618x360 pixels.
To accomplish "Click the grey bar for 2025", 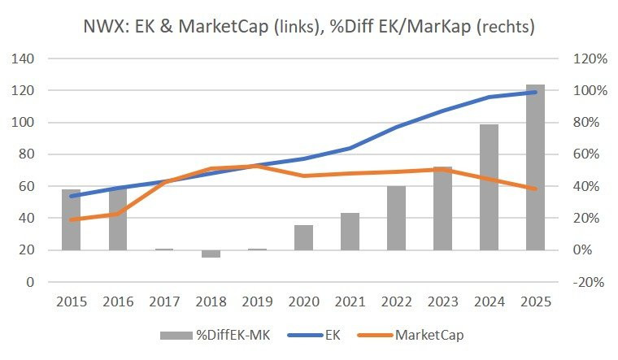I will pyautogui.click(x=535, y=167).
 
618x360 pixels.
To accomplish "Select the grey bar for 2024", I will pyautogui.click(x=489, y=187).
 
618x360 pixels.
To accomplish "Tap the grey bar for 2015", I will pyautogui.click(x=71, y=219).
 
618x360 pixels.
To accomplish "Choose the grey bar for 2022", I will pyautogui.click(x=396, y=218).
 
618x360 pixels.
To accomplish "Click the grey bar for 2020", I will pyautogui.click(x=303, y=237).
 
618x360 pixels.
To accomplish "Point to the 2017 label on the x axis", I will pyautogui.click(x=164, y=301).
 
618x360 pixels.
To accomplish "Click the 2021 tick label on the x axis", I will pyautogui.click(x=350, y=301).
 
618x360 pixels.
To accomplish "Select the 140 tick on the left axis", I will pyautogui.click(x=22, y=59).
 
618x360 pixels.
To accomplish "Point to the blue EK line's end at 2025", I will pyautogui.click(x=535, y=92).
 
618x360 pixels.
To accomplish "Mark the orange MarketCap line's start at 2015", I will pyautogui.click(x=71, y=219).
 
